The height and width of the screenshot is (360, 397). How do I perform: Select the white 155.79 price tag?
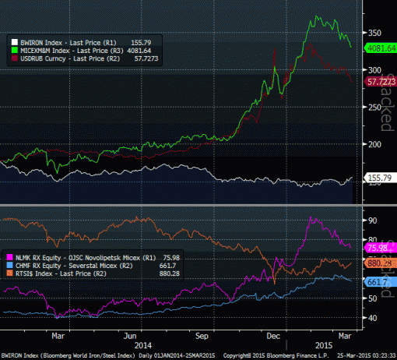[x=378, y=178]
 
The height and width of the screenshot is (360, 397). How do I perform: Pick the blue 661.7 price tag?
[x=375, y=283]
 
